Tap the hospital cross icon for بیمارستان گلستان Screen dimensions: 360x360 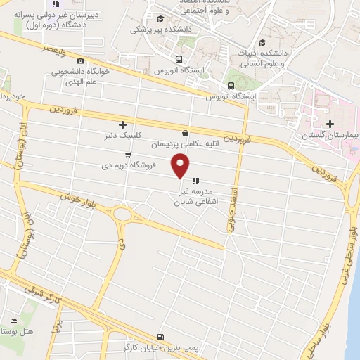tap(330, 124)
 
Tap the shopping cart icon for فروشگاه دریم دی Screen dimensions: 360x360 tap(127, 155)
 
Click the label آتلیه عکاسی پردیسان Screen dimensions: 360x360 tap(184, 144)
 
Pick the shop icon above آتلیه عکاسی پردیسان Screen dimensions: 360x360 tap(185, 133)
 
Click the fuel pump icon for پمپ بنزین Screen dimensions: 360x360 tap(162, 337)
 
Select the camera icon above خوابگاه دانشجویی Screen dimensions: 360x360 tap(79, 60)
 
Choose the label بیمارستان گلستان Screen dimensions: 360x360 tap(330, 134)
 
